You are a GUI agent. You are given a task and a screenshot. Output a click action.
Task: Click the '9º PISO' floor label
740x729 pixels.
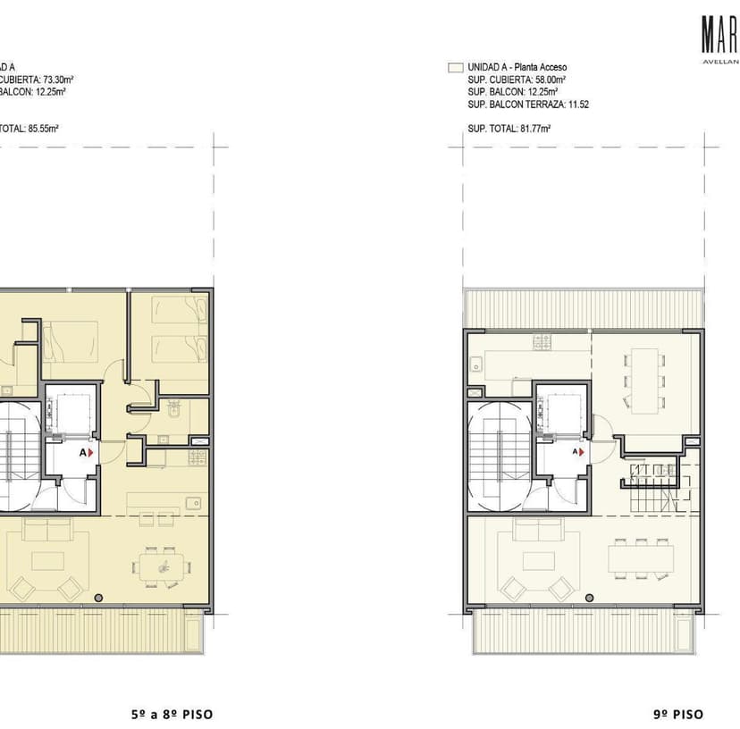677,714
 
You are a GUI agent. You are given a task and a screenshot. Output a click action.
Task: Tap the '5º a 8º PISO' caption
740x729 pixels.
172,714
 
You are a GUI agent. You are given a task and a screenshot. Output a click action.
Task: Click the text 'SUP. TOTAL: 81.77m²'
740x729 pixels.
509,129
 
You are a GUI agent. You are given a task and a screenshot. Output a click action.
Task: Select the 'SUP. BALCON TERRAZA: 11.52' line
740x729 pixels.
527,105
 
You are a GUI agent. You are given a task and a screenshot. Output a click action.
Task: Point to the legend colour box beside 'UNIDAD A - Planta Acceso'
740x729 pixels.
454,67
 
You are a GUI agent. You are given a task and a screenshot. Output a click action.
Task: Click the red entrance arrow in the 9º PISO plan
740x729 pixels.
582,453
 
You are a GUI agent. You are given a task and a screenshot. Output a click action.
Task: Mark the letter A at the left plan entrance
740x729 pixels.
83,453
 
